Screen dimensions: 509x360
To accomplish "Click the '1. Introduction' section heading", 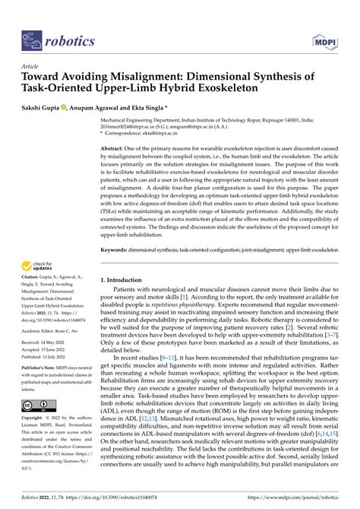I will tap(126, 280).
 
